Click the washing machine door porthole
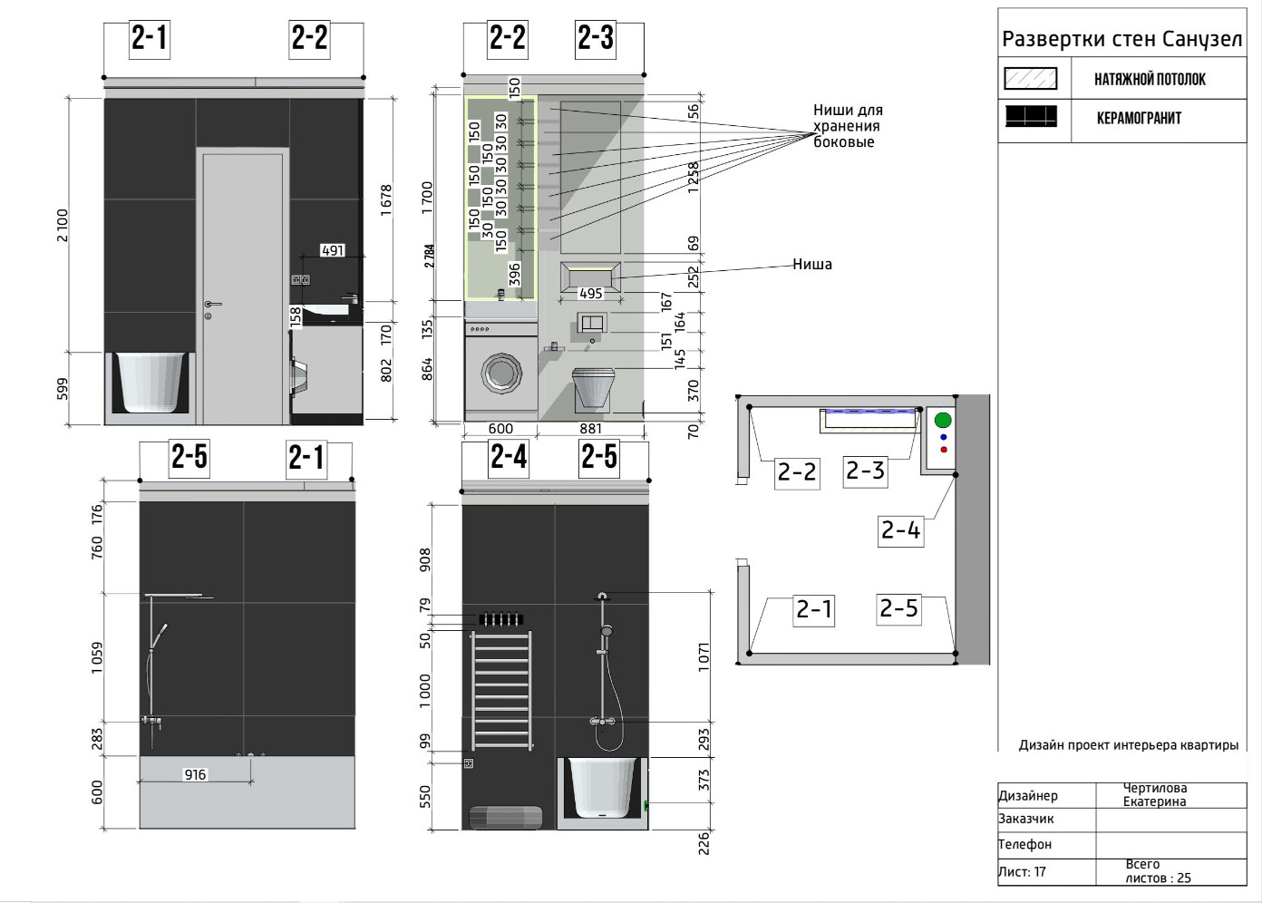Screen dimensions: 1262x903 501,373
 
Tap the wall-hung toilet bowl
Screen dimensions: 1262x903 593,389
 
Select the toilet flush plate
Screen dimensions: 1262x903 591,323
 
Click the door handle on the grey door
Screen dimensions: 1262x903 212,305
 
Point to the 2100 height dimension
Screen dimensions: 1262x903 62,226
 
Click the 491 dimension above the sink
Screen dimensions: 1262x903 333,250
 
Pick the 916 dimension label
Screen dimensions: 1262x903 195,774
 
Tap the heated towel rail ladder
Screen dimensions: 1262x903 502,691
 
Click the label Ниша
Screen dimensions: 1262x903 811,264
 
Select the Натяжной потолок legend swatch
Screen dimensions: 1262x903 1031,78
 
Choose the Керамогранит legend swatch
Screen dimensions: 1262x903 1031,117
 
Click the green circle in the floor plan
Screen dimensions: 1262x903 943,420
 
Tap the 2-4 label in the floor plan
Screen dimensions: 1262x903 900,530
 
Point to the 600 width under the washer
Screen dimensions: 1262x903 500,429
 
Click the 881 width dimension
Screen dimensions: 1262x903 590,429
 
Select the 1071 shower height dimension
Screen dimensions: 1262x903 704,656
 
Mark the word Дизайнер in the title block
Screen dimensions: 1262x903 1027,795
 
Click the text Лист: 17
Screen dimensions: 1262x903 1022,871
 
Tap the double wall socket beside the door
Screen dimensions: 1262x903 300,279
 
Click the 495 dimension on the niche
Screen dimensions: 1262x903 590,294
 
